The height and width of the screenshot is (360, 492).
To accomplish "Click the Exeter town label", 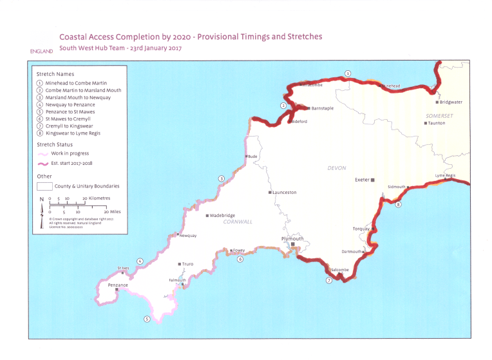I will (362, 180).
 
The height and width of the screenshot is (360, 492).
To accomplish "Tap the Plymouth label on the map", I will (292, 239).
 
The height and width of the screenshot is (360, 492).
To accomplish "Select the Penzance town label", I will (118, 285).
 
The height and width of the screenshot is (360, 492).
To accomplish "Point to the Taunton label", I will (437, 122).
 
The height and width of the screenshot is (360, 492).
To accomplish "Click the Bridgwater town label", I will (451, 102).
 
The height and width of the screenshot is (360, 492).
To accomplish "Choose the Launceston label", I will (285, 193).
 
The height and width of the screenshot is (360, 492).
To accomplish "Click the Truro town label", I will (187, 264).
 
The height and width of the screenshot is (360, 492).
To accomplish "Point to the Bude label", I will (253, 156).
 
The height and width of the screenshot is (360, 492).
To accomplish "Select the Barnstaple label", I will (322, 108).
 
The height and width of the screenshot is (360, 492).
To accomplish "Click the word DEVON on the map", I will (337, 168).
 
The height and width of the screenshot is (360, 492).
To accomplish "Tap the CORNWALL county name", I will (238, 222).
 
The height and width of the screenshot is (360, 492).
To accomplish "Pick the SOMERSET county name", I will (440, 115).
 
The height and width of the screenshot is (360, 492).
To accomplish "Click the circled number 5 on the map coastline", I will (147, 319).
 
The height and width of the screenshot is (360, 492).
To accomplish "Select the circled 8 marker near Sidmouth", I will (399, 205).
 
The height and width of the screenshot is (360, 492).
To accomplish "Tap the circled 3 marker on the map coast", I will (221, 178).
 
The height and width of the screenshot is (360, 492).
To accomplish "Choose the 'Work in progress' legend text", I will (70, 153).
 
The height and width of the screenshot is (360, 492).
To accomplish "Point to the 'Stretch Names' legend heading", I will (55, 74).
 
